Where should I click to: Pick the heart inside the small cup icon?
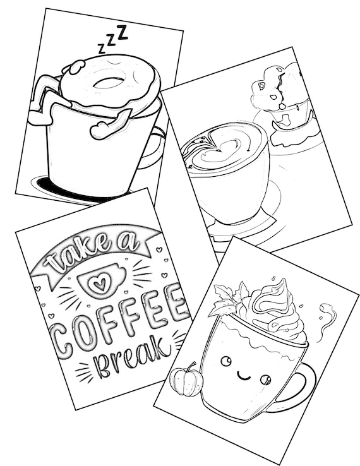[99, 284]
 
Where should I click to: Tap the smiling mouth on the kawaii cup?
[244, 376]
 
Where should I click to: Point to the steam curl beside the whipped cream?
[327, 321]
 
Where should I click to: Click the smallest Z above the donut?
[102, 49]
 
